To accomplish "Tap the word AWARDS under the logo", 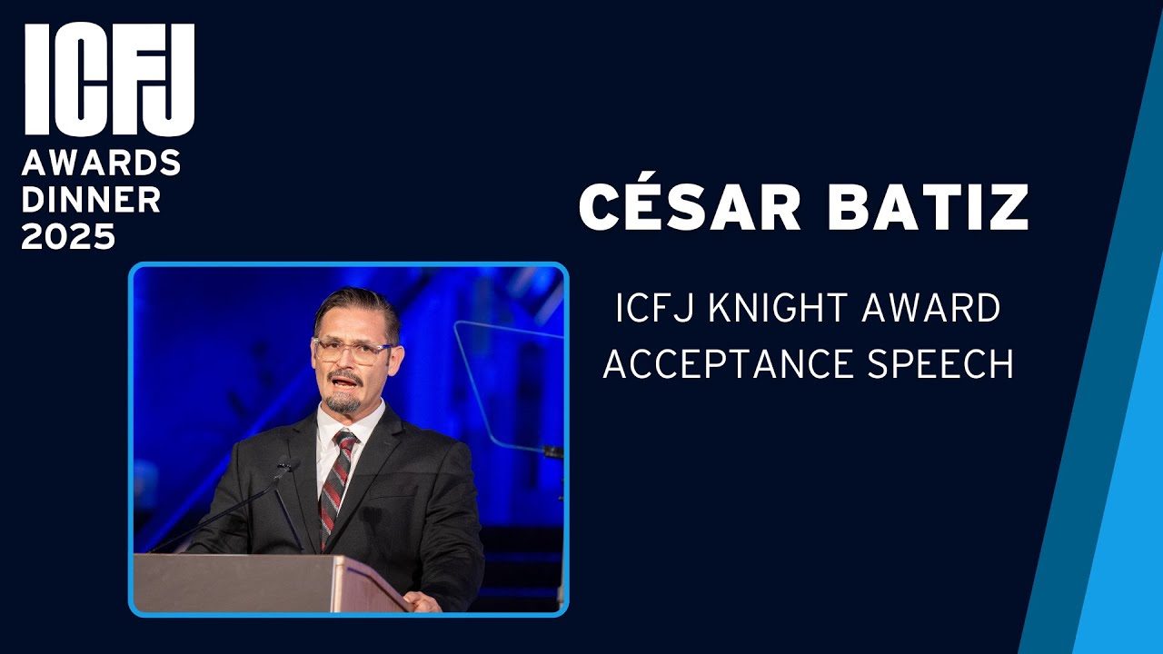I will click(x=102, y=163).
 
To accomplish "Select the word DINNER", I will click(x=91, y=200).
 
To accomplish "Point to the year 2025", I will click(x=68, y=236).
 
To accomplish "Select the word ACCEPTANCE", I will click(x=722, y=363).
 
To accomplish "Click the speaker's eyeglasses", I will click(x=353, y=351).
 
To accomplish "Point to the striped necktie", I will click(x=336, y=481).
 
